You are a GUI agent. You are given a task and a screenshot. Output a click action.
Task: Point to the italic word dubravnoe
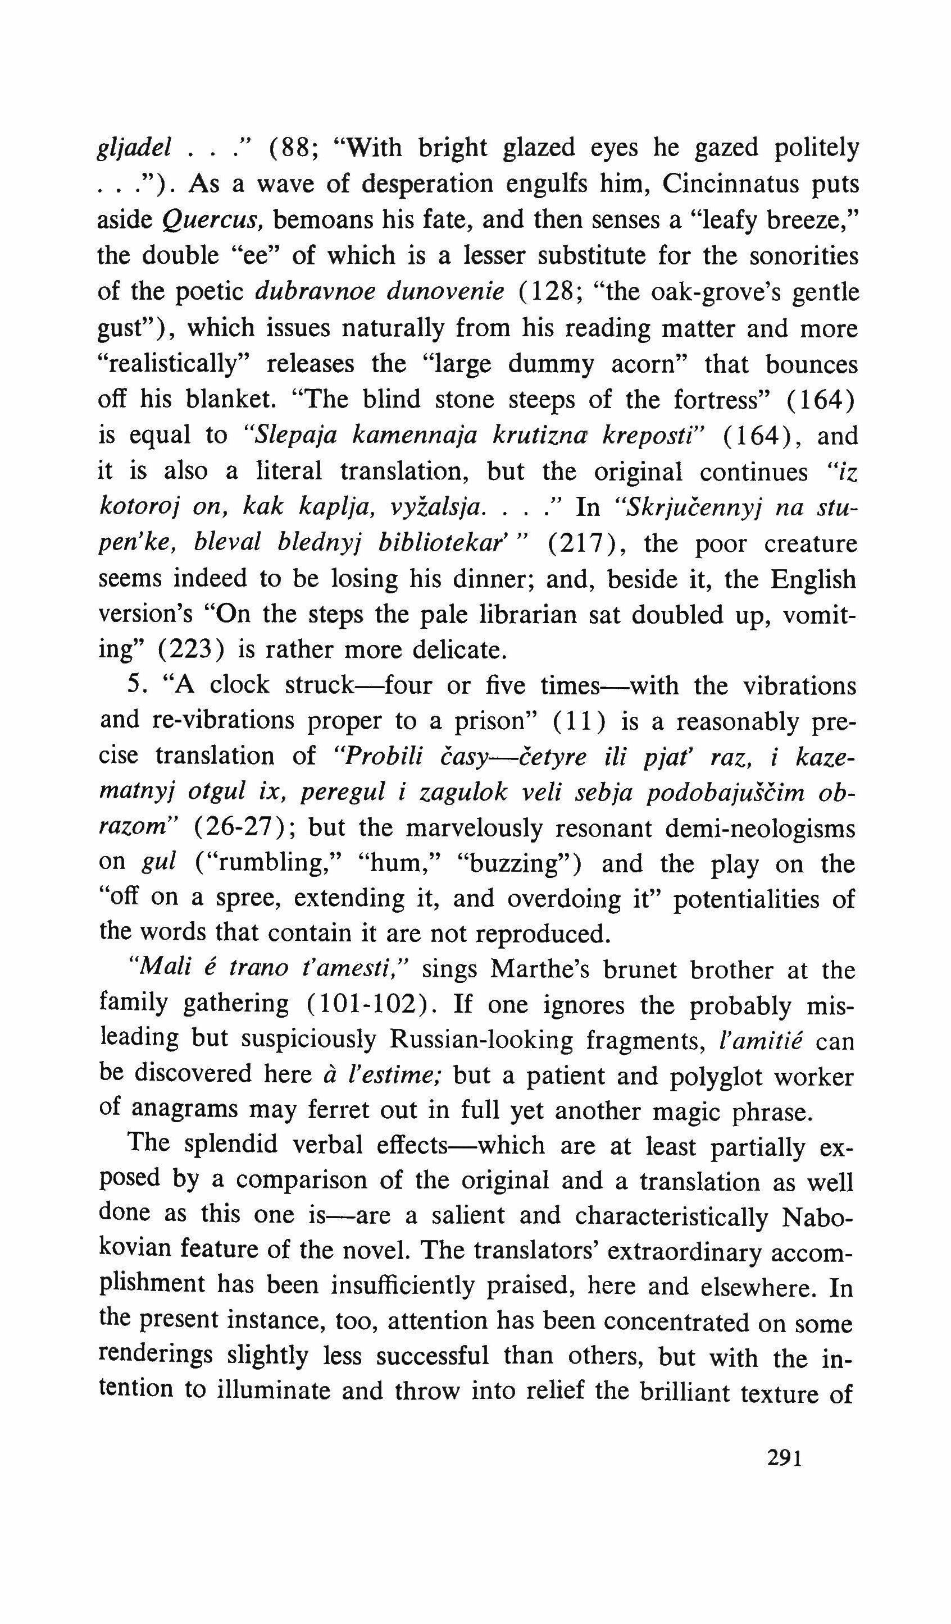315,292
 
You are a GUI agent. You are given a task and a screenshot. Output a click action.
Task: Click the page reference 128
556,292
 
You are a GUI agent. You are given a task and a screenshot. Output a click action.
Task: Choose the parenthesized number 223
192,649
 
